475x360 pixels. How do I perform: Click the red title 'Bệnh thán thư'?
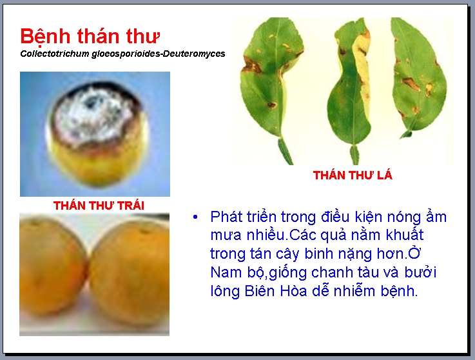coord(90,37)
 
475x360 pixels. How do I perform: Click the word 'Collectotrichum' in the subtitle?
coord(55,54)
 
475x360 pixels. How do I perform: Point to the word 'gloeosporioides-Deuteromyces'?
coord(159,54)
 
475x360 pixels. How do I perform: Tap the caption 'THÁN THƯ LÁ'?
coord(353,175)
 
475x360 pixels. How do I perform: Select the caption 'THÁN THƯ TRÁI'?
coord(99,205)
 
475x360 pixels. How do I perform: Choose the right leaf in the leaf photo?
coord(418,76)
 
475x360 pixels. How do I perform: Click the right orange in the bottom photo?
coord(130,273)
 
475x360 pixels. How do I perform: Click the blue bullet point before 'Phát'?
coord(195,217)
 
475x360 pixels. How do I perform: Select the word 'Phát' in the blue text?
coord(226,217)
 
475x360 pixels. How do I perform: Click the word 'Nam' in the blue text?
coord(226,272)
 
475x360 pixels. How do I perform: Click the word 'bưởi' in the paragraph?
coord(420,272)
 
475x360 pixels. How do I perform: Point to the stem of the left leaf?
coord(285,152)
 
